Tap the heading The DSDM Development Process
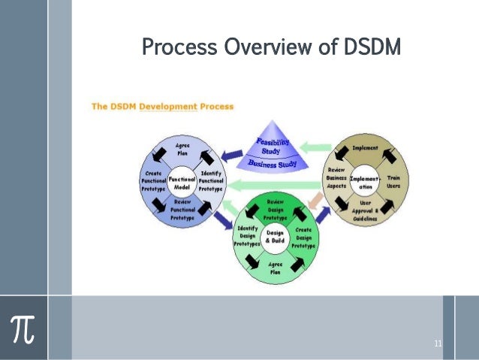pyautogui.click(x=162, y=107)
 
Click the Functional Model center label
pyautogui.click(x=182, y=184)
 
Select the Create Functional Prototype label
pyautogui.click(x=153, y=183)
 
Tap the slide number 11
pyautogui.click(x=437, y=344)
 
